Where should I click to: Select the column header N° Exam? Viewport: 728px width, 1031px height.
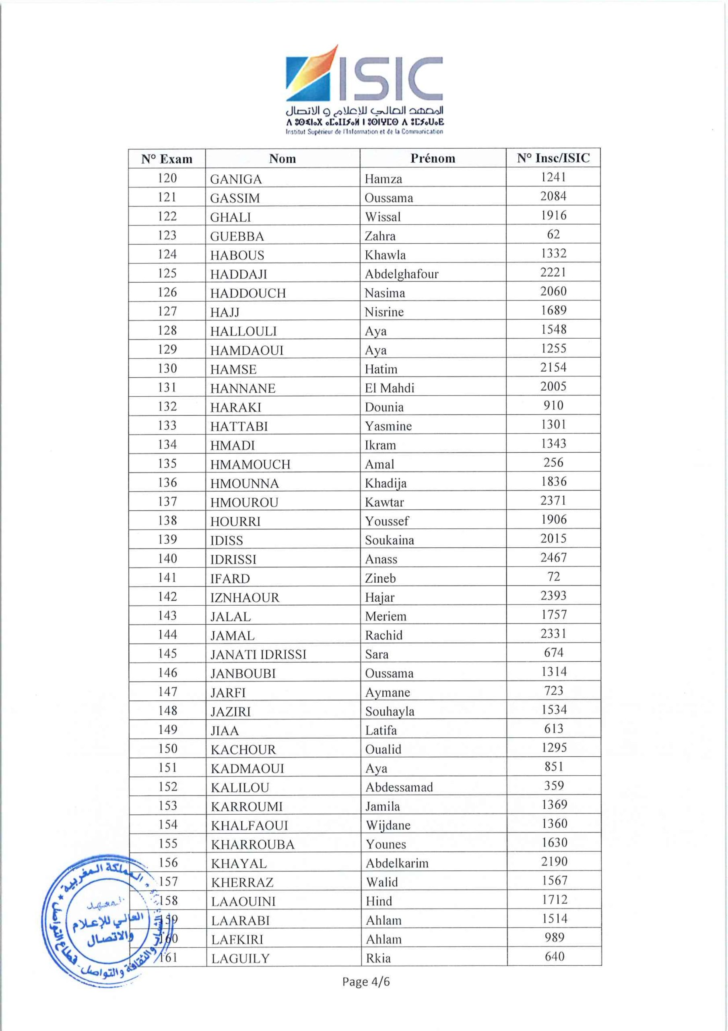pos(167,159)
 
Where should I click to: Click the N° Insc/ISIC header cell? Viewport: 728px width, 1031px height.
pos(553,158)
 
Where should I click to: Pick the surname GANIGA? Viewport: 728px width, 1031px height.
pos(236,179)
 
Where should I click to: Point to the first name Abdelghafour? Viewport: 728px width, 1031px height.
pos(401,274)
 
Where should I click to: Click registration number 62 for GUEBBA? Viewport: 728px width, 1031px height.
pos(553,234)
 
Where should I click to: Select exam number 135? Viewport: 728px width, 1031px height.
pos(167,464)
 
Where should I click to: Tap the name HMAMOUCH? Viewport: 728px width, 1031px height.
pos(250,464)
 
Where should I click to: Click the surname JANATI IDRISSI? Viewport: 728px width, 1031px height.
pos(258,654)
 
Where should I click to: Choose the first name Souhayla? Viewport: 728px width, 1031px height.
pos(390,711)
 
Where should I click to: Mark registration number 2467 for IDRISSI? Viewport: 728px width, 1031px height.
pos(553,558)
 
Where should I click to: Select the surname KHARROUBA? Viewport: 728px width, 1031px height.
pos(253,845)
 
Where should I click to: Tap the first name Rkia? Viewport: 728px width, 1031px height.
pos(378,958)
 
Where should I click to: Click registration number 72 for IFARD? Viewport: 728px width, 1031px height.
pos(553,577)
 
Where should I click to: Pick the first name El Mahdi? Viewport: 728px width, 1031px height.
pos(389,388)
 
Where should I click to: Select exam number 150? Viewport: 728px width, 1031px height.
pos(167,749)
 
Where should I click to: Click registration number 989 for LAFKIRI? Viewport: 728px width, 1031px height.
pos(554,938)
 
